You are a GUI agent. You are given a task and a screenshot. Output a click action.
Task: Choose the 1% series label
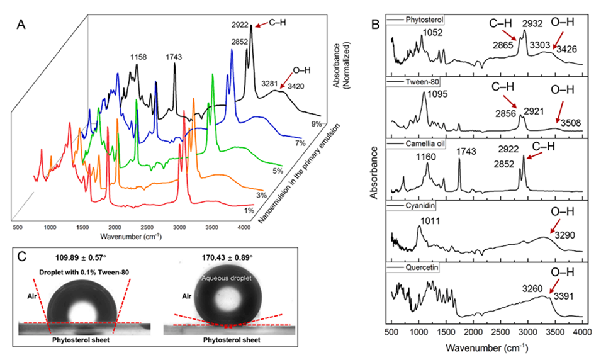249,210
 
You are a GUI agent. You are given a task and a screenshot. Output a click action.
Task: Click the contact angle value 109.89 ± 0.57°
82,257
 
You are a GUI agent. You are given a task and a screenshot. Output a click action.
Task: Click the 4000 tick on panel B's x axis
581,332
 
